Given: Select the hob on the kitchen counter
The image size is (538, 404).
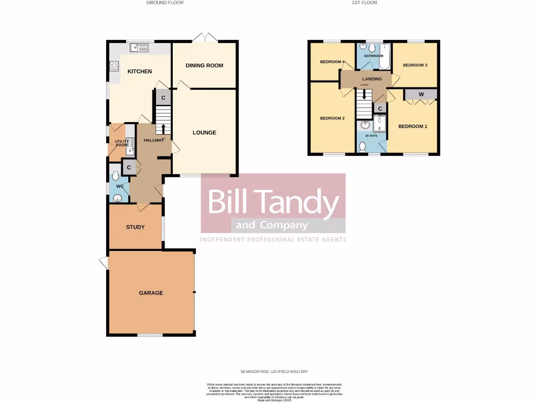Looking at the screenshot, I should [x=114, y=66].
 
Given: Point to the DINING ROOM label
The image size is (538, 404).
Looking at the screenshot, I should [x=204, y=66].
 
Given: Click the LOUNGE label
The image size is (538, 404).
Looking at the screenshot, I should [x=204, y=133].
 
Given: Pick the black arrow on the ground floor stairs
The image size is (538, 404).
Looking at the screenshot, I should [x=163, y=128].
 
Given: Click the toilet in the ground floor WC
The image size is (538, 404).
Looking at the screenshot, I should [x=116, y=176].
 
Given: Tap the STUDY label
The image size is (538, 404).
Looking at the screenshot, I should [x=135, y=227].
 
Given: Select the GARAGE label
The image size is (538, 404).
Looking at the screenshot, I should [x=151, y=293].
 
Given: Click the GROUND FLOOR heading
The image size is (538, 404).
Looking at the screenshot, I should [x=164, y=3].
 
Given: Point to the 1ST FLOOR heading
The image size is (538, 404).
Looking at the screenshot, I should [x=364, y=3].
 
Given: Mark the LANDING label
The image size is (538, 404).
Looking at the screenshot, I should [x=372, y=79].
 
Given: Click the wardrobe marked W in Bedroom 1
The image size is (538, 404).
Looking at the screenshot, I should [x=421, y=95].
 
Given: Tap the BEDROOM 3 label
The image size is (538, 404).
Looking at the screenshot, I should [x=415, y=65].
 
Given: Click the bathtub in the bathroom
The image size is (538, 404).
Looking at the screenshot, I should [x=385, y=56].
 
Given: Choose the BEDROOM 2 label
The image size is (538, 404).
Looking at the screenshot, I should [x=332, y=118].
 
